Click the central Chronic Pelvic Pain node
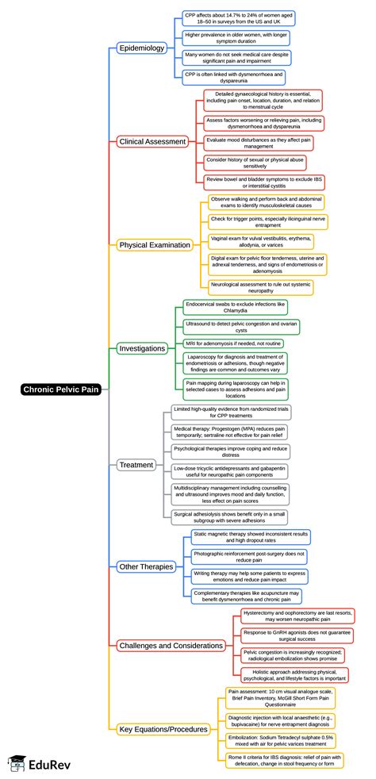pyautogui.click(x=62, y=389)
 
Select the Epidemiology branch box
pyautogui.click(x=141, y=48)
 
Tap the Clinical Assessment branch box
pyautogui.click(x=152, y=141)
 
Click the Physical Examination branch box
pyautogui.click(x=155, y=244)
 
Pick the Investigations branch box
pyautogui.click(x=142, y=347)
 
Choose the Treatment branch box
pyautogui.click(x=136, y=464)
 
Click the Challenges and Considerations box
pyautogui.click(x=171, y=645)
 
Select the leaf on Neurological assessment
pyautogui.click(x=261, y=286)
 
